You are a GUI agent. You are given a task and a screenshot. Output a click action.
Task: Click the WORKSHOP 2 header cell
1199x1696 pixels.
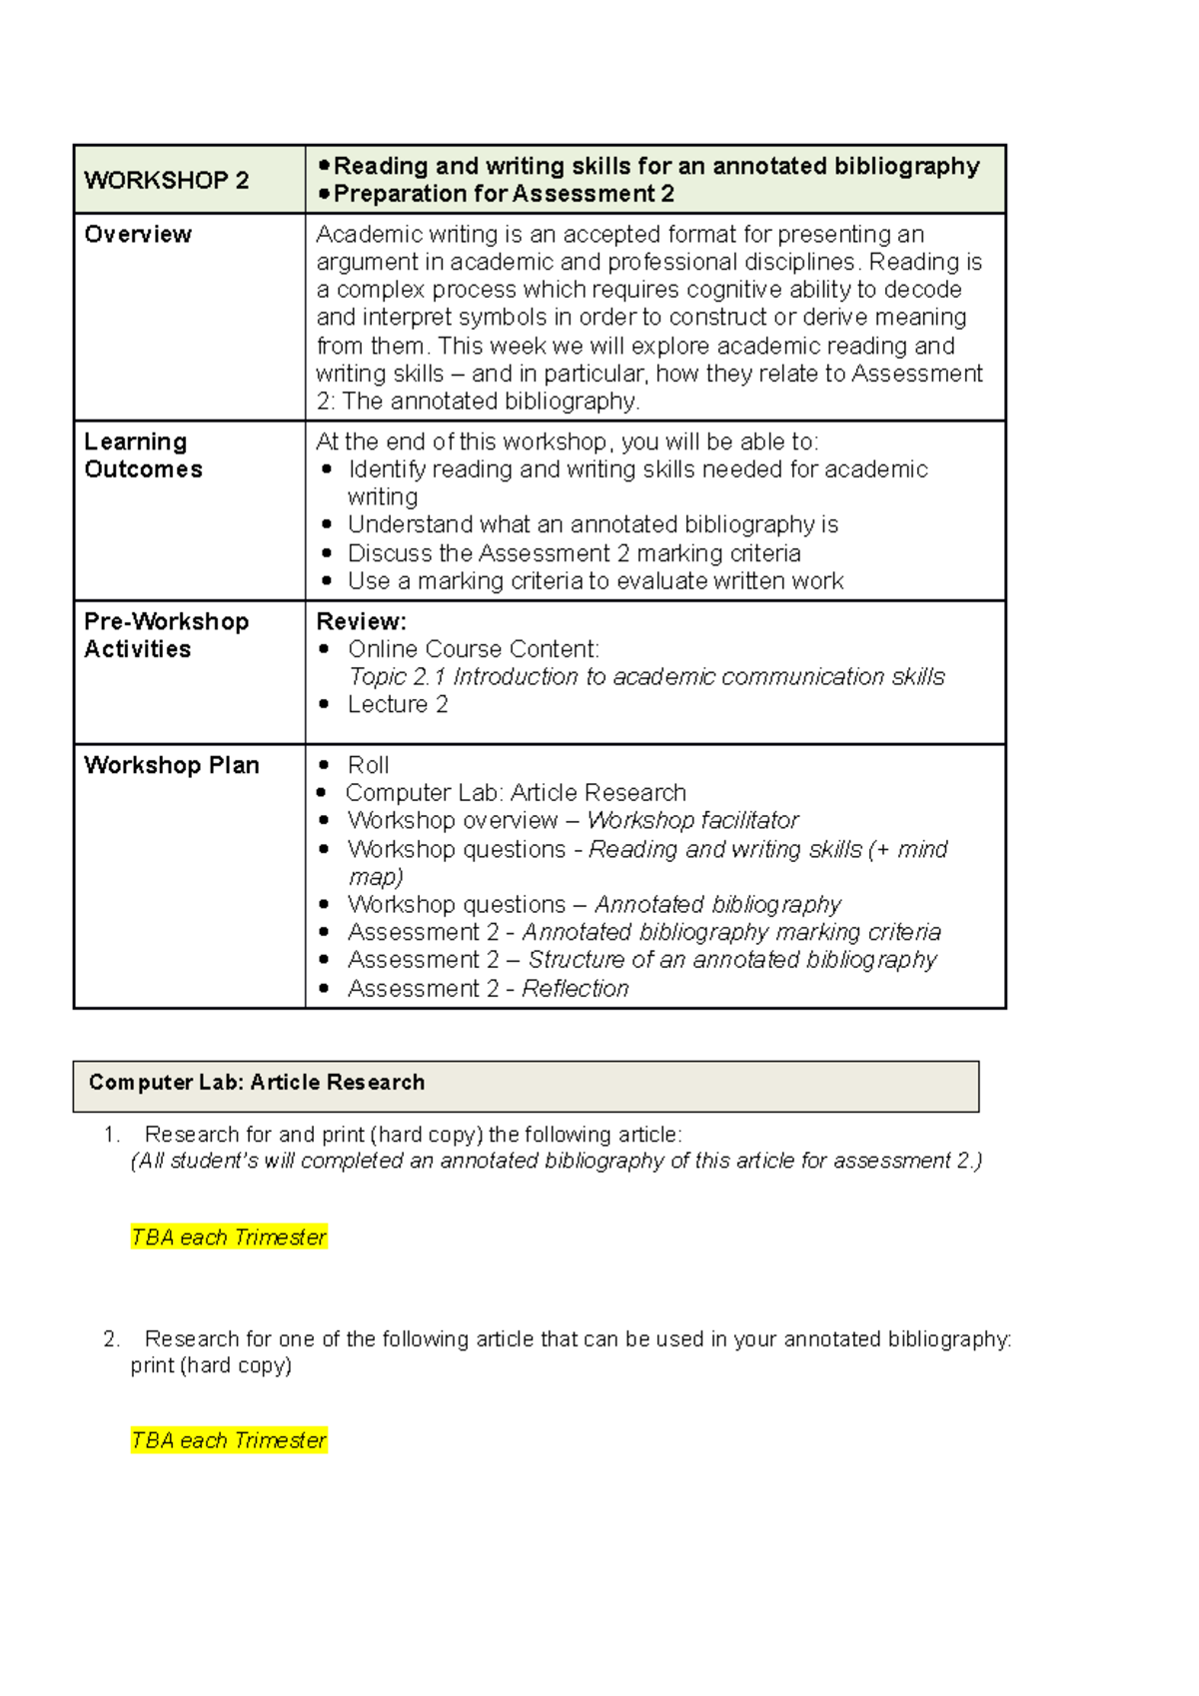(x=166, y=181)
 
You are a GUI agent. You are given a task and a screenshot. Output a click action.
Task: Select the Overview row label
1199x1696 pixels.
(x=138, y=235)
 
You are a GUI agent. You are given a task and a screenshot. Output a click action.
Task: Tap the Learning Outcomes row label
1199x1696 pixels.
(x=143, y=455)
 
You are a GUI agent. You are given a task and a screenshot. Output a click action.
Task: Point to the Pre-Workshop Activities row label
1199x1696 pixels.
(x=166, y=635)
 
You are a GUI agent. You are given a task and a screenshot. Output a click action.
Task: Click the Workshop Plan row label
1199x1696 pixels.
(x=171, y=765)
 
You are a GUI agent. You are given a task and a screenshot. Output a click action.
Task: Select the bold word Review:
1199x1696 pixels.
(x=361, y=621)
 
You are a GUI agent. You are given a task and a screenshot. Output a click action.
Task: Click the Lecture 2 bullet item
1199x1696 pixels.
(x=398, y=704)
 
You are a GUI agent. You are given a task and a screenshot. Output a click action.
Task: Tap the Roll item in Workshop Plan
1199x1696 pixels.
(x=368, y=765)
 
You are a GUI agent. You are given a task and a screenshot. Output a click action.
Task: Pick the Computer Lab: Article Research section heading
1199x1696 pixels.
(x=257, y=1083)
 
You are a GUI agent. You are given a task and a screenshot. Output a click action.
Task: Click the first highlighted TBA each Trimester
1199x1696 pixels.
(x=229, y=1238)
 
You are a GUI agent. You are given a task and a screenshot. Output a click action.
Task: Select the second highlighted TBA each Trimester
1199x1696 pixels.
(x=229, y=1440)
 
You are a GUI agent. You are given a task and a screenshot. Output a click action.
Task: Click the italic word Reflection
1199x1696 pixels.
(x=576, y=989)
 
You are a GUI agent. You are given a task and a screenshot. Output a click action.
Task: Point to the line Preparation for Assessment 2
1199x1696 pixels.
(x=504, y=194)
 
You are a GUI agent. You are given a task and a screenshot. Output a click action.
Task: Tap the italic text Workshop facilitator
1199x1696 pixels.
(x=692, y=821)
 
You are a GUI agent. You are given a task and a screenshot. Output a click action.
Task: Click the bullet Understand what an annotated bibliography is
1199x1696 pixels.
(x=593, y=525)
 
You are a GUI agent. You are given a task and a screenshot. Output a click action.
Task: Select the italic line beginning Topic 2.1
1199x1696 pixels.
(x=645, y=677)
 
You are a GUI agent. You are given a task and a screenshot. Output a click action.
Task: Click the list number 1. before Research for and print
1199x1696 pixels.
(x=111, y=1135)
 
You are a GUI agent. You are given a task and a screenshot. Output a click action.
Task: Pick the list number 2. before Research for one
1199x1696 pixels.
(x=111, y=1339)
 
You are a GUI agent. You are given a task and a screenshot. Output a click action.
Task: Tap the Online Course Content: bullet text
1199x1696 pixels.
(x=473, y=649)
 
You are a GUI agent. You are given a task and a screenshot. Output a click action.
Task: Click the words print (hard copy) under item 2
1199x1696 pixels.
(x=211, y=1365)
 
